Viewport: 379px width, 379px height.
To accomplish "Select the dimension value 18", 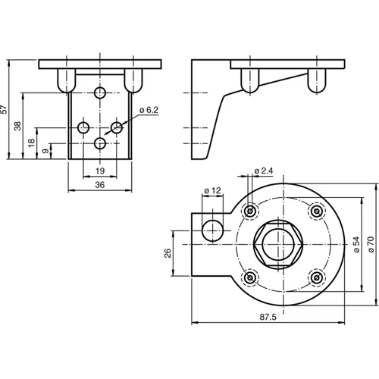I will (x=31, y=143).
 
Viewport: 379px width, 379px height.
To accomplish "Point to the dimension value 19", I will (x=99, y=172).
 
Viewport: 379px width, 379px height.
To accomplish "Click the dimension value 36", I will (x=99, y=185).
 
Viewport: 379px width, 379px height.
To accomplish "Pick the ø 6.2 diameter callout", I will (x=148, y=111).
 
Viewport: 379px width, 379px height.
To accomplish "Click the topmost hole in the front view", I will (x=100, y=92).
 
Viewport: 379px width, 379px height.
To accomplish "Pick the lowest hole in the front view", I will (x=100, y=143).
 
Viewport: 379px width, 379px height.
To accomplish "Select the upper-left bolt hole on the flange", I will (x=247, y=211).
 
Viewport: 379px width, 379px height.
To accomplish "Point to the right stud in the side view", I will (x=316, y=80).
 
